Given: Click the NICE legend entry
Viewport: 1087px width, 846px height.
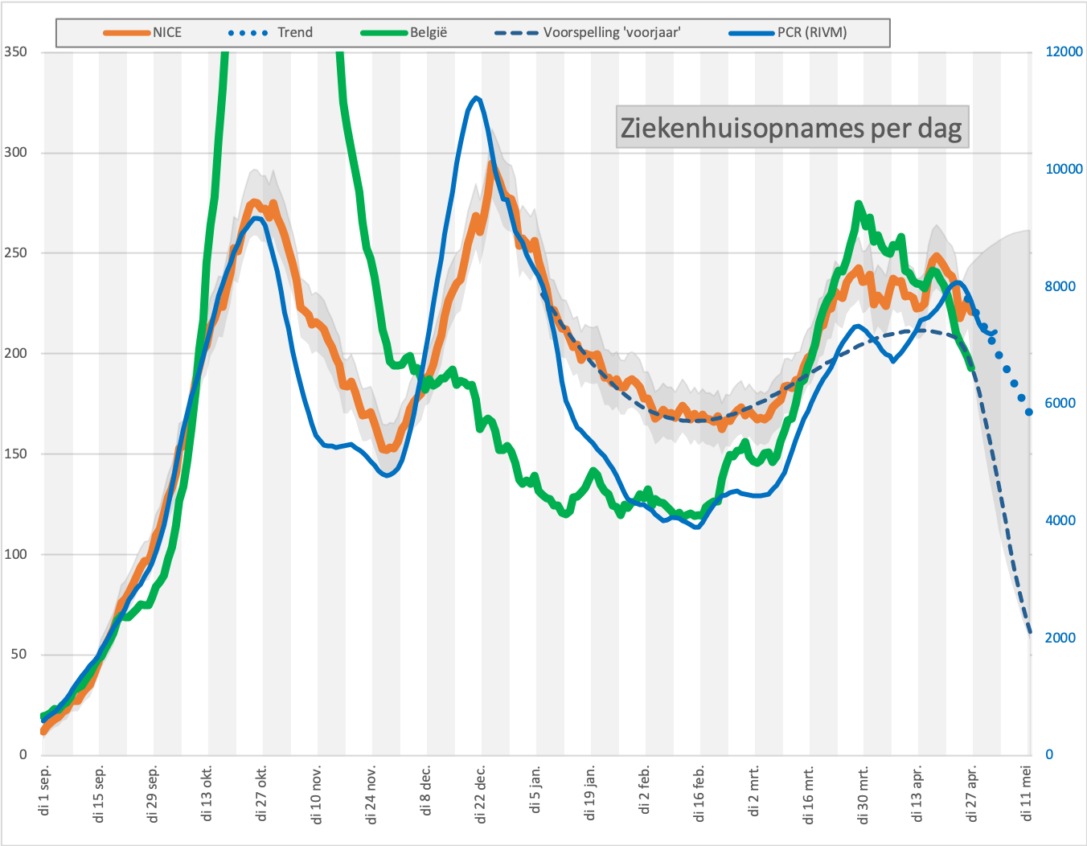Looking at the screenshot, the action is coord(142,32).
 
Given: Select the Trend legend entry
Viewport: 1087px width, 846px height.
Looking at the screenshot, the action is coord(270,32).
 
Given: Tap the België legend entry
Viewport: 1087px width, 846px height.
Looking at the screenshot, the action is coord(404,32).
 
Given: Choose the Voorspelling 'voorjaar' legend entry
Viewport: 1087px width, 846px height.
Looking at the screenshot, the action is coord(588,32).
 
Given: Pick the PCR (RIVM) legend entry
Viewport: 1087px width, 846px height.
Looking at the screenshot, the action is coord(788,32).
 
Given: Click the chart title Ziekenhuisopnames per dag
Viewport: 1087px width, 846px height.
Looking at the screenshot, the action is coord(791,128).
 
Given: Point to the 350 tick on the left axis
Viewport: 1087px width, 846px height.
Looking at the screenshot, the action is coord(15,51).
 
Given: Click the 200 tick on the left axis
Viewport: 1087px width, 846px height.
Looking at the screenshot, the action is coord(15,353).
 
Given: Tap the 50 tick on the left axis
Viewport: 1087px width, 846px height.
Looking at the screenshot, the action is coord(19,655).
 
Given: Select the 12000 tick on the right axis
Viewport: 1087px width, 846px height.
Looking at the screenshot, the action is coord(1064,51).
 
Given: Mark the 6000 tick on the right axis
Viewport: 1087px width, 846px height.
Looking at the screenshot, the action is coord(1060,403).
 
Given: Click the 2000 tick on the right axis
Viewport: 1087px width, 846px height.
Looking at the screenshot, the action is coord(1060,638).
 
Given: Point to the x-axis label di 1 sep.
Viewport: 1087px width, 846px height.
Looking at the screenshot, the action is coord(44,790).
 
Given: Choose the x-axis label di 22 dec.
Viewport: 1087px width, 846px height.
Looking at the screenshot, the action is coord(481,794).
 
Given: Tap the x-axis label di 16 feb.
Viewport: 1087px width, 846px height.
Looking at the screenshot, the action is coord(699,794).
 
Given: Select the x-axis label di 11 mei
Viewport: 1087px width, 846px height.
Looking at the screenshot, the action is coord(1027,793).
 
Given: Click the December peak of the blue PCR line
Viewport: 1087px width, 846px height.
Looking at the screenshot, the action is coord(476,98).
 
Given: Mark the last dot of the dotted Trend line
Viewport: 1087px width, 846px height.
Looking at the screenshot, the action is coord(1029,413).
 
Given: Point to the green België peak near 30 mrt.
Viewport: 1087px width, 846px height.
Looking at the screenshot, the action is coord(859,203).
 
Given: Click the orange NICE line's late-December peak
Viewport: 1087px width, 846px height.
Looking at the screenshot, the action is coord(492,163).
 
